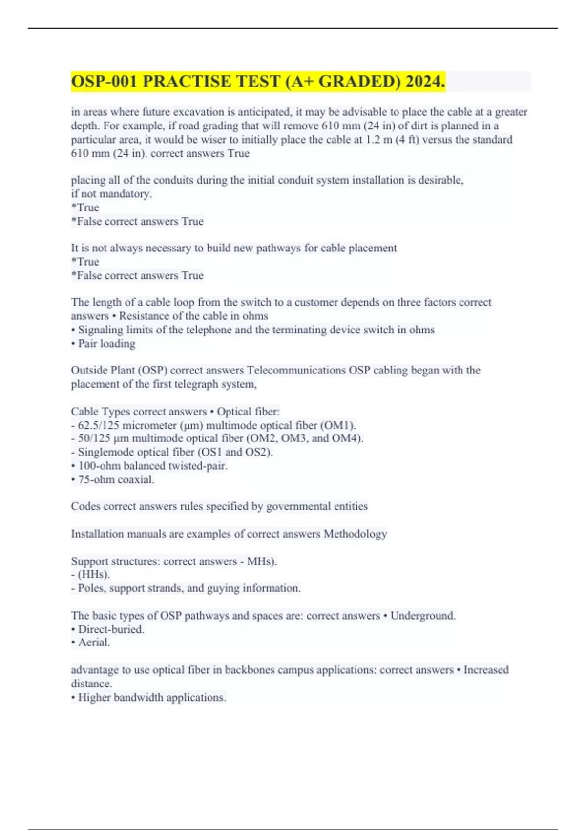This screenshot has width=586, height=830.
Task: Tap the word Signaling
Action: coord(101,330)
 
